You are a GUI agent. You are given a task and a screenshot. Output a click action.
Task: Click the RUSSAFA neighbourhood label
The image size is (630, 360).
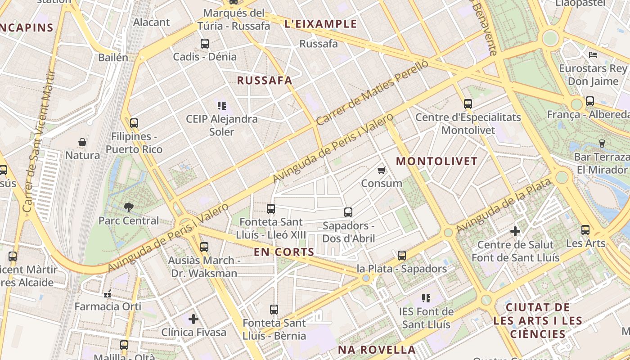coord(265,81)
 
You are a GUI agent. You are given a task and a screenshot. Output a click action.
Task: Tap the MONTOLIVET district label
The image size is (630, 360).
coord(437,161)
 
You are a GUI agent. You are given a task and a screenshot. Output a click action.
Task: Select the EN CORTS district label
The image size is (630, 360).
coord(284,252)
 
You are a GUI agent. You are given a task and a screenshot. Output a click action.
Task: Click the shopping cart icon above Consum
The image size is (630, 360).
coord(382,170)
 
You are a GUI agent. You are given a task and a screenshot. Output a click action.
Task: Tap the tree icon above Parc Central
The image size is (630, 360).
coord(129,207)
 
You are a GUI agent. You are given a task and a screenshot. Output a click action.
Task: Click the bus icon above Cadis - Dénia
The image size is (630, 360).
coord(205,44)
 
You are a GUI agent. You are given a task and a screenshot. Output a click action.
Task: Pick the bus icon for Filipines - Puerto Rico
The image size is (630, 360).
coord(134,123)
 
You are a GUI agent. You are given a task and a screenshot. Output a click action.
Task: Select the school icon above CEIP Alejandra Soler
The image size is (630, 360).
coord(221,106)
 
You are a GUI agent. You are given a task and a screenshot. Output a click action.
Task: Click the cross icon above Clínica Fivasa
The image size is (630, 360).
coord(193,319)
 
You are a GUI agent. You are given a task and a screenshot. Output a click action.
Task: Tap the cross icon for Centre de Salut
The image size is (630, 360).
coord(515,232)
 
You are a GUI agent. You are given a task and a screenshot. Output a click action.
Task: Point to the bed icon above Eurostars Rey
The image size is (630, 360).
coord(593,55)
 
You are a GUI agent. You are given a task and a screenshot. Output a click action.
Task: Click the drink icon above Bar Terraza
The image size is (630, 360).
coord(602,144)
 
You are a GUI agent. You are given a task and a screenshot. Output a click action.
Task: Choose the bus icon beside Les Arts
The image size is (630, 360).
coord(585,230)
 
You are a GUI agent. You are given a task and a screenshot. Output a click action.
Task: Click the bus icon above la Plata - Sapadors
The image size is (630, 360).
coord(402,256)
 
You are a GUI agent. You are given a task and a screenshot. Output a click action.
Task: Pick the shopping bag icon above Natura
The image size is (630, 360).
coord(82,143)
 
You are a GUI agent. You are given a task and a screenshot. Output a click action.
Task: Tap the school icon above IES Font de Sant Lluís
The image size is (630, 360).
coord(426,298)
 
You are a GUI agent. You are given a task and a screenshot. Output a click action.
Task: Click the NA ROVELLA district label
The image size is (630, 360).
coord(377,350)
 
